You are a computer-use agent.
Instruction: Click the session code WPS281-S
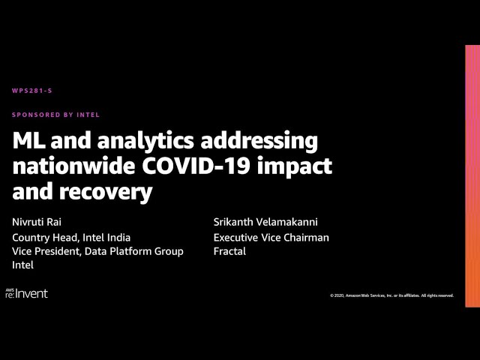point(32,91)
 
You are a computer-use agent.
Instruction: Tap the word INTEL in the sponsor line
point(88,115)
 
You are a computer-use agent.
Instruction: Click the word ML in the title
point(29,141)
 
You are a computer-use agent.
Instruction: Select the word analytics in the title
point(145,142)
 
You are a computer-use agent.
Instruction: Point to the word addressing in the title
point(259,142)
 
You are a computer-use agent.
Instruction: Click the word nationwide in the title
point(73,166)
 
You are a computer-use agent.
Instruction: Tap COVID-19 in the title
point(196,166)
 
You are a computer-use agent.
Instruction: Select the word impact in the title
point(295,168)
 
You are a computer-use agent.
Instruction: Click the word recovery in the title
point(106,193)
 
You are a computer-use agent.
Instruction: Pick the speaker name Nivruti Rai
point(37,222)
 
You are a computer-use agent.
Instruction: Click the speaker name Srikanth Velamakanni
point(265,222)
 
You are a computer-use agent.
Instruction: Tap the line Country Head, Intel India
point(71,238)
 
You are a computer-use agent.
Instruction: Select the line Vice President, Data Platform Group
point(97,251)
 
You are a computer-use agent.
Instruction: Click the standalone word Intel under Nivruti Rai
point(23,265)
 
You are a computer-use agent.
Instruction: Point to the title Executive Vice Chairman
point(271,238)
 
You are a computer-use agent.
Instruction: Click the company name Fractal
point(229,251)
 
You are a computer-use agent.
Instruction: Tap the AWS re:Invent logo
point(27,293)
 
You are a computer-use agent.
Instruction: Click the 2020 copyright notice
point(391,295)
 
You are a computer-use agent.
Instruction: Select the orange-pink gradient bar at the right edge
point(472,176)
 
